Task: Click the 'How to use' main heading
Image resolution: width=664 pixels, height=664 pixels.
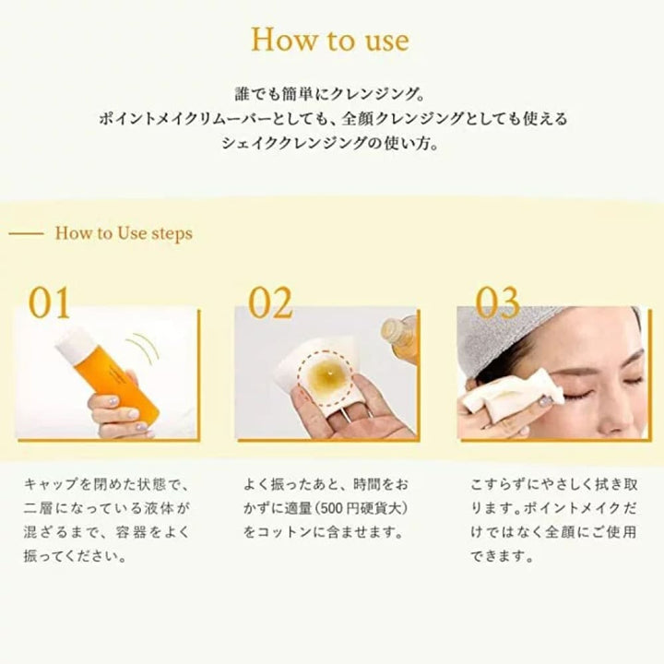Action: [330, 41]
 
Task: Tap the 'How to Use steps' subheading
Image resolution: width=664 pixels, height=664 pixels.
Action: [124, 233]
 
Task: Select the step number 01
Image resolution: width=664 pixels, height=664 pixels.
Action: [49, 302]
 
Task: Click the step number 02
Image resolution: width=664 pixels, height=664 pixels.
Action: [270, 302]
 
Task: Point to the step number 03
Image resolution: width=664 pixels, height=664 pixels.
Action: [497, 302]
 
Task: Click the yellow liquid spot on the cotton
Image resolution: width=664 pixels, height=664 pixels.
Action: [327, 373]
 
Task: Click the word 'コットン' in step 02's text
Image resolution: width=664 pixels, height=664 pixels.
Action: [284, 532]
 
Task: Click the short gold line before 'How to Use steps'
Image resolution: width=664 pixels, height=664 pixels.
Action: [26, 233]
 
